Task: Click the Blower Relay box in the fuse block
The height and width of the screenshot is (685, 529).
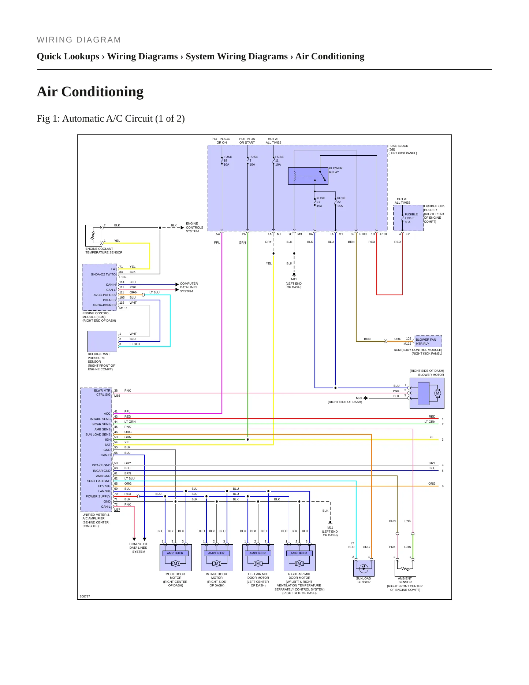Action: tap(308, 176)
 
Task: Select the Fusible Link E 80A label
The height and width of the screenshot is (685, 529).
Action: tap(411, 218)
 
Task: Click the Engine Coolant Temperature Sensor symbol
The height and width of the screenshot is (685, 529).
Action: tap(94, 236)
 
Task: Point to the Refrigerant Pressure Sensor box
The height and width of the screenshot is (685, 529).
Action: tap(102, 341)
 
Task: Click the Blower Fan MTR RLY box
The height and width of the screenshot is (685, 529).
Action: tap(428, 341)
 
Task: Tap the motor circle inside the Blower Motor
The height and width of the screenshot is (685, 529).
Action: tap(437, 393)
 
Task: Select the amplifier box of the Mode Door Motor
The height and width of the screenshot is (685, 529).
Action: tap(175, 553)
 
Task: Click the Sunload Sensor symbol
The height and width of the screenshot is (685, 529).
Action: tap(364, 568)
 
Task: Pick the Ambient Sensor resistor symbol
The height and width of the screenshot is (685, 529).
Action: tap(405, 569)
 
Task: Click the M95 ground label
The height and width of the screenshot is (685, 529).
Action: tap(359, 398)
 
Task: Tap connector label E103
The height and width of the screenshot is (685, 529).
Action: tap(363, 234)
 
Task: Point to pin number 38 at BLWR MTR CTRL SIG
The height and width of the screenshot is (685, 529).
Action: tap(116, 390)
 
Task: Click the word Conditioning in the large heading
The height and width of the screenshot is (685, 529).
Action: tap(102, 92)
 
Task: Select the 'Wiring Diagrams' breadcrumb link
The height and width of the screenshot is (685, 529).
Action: tap(142, 56)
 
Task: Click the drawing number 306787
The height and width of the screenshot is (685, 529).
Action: tap(85, 596)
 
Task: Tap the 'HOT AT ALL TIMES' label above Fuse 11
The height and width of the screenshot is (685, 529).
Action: tap(273, 141)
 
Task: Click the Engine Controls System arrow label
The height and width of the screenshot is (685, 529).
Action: tap(194, 227)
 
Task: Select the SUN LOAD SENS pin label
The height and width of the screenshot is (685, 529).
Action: tap(98, 434)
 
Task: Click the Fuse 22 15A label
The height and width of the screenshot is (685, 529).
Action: tap(341, 202)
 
